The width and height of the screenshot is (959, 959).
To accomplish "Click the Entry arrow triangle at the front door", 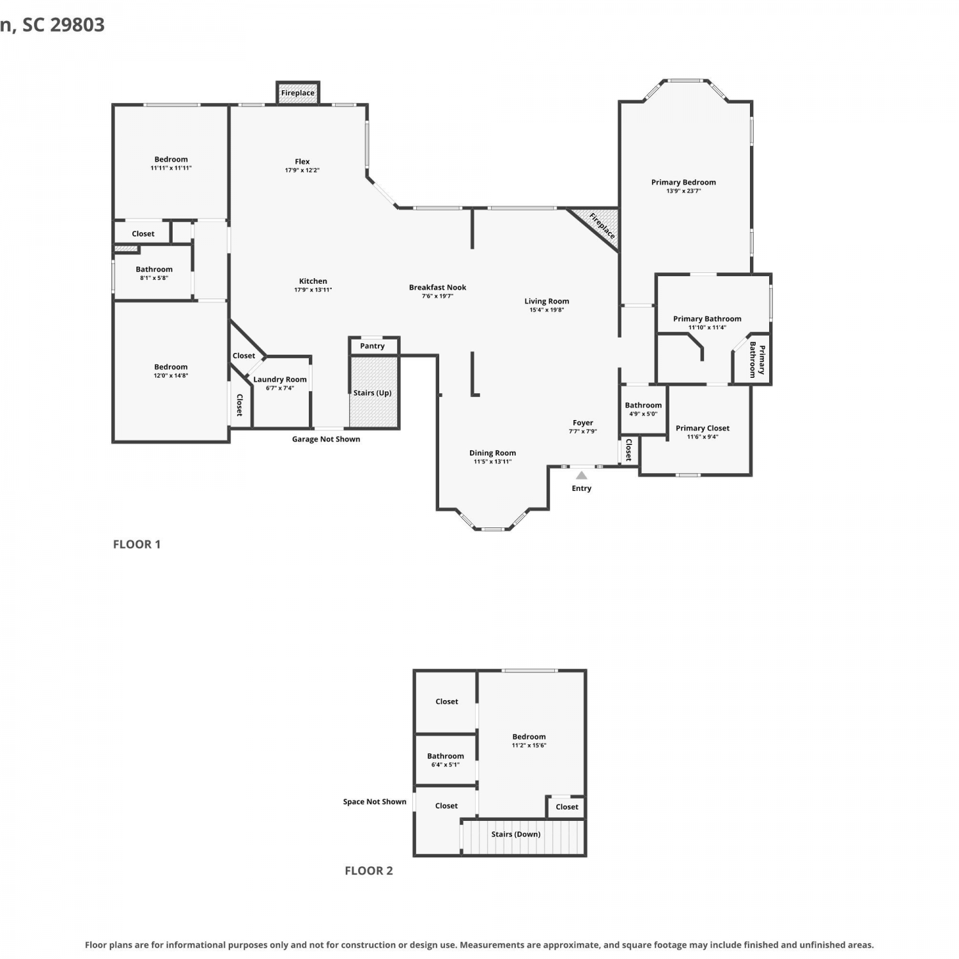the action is [581, 475].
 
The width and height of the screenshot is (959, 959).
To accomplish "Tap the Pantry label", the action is [372, 346].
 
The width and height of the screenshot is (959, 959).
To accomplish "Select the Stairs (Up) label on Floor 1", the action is [372, 393].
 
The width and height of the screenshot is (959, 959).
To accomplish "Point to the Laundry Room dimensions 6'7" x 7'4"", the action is [280, 388].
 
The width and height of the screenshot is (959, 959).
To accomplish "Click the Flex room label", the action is [302, 162].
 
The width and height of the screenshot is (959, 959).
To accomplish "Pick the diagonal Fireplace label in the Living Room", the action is [602, 226].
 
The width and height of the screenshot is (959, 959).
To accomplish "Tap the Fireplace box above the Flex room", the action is [298, 93].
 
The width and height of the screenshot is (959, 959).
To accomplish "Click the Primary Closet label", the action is [703, 428].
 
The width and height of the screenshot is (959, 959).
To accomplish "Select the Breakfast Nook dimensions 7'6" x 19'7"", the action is [438, 296].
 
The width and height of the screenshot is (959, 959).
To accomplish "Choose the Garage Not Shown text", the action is [326, 439].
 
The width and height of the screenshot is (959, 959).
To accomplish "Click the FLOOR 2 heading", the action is [369, 871].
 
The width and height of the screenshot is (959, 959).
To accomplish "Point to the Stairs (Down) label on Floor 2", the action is [516, 834].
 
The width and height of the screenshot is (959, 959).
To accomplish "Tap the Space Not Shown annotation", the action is [375, 802].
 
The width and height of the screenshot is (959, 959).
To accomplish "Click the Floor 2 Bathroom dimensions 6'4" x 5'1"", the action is [446, 765].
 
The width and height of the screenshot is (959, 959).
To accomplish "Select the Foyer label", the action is [583, 423].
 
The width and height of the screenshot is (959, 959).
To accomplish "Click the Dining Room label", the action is [492, 453].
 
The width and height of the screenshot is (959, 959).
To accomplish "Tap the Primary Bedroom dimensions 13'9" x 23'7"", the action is [683, 191].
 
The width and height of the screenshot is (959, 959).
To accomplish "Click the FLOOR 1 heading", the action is [137, 544].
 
